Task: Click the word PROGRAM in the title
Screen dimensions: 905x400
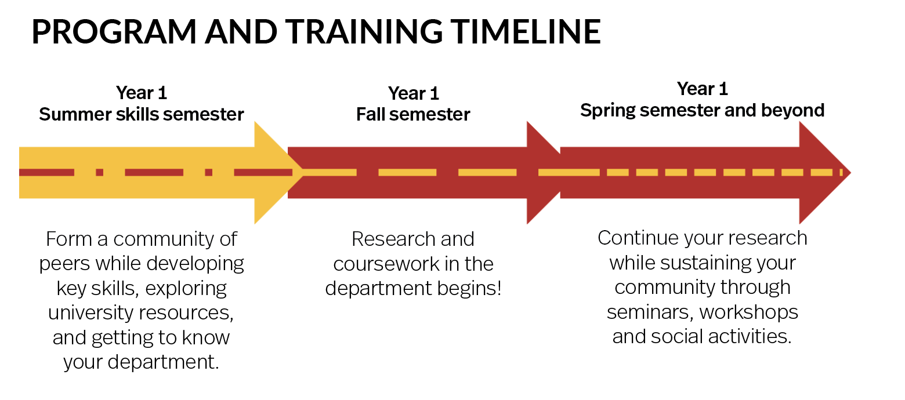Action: pos(114,31)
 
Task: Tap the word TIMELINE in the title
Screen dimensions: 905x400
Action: pos(525,31)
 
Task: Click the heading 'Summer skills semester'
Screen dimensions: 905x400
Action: pos(142,114)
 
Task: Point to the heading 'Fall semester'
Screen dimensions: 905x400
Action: pos(413,114)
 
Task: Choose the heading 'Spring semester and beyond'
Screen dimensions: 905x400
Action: pos(702,111)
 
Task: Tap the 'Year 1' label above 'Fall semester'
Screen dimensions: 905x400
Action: pos(413,94)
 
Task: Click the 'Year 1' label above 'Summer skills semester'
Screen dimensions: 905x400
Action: pos(142,93)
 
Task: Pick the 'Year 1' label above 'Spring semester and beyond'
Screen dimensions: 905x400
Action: pos(702,89)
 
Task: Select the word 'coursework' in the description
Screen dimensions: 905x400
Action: pos(386,264)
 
